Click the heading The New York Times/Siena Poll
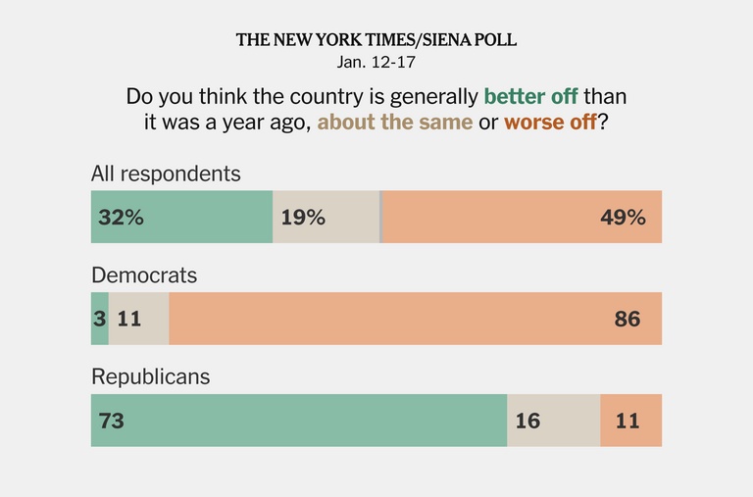[x=376, y=40]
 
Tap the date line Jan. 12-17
[x=376, y=62]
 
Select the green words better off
[x=531, y=98]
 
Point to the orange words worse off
[x=549, y=124]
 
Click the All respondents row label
[x=166, y=174]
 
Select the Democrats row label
[x=144, y=275]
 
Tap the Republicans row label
[x=150, y=377]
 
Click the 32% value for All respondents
[x=121, y=218]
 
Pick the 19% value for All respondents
[x=303, y=218]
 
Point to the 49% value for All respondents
[x=623, y=218]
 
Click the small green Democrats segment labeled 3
[x=100, y=319]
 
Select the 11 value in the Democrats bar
[x=129, y=319]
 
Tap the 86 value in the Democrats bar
[x=627, y=319]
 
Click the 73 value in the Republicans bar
[x=111, y=421]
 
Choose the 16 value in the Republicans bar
[x=527, y=421]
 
